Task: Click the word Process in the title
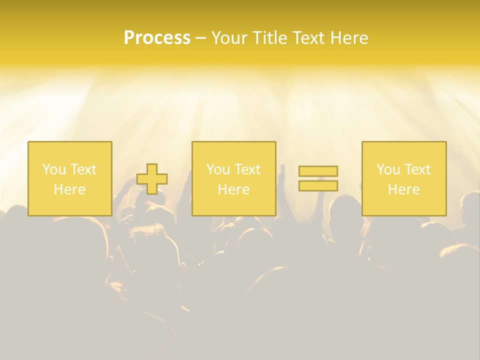157,38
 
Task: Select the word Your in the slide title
230,38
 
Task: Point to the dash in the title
200,38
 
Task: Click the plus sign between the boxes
152,179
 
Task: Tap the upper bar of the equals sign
318,171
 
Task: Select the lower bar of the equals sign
318,185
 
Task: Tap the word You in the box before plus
54,169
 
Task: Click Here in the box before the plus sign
70,189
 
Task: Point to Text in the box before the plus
83,169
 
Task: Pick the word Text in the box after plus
247,169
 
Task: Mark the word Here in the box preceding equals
234,189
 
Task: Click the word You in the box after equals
388,169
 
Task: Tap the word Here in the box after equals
404,189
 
